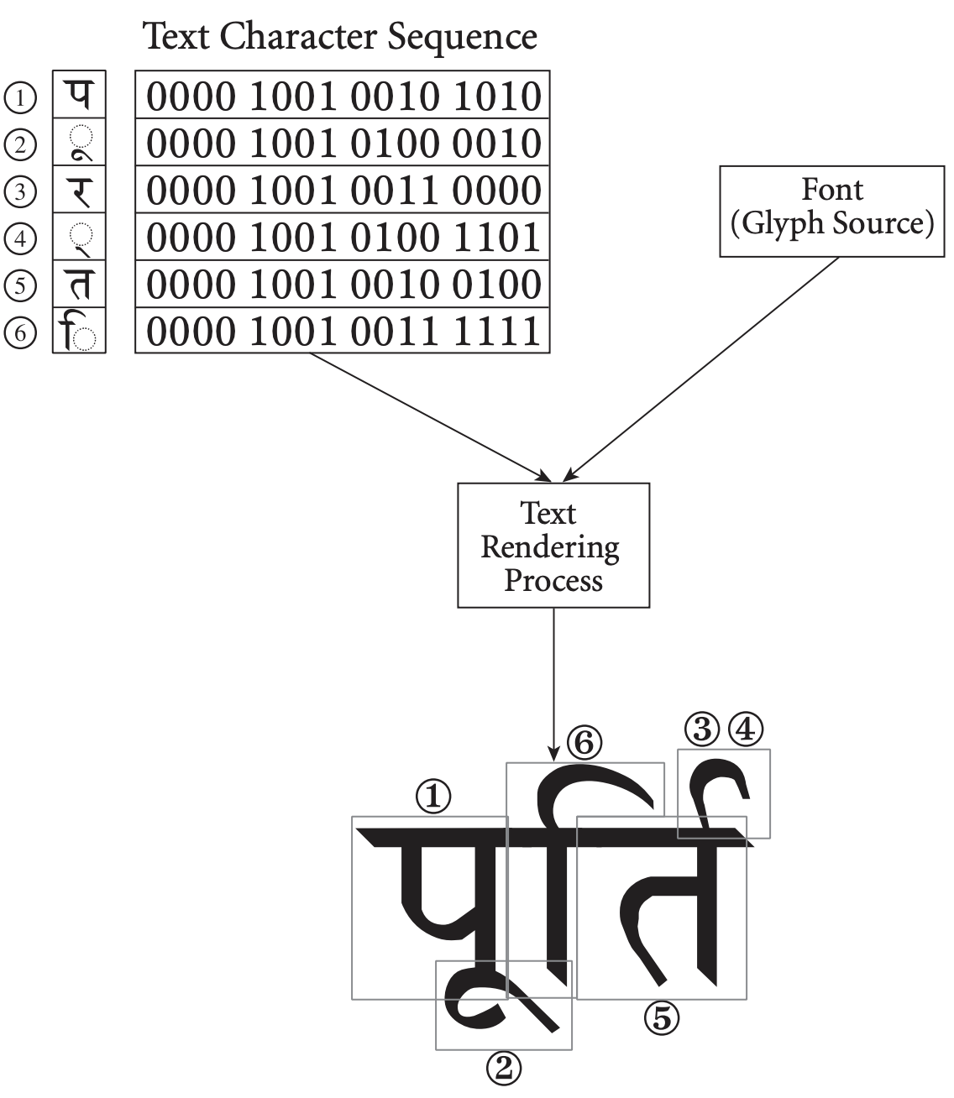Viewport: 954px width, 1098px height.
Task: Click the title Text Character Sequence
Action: [340, 36]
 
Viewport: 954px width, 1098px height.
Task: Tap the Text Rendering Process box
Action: [553, 546]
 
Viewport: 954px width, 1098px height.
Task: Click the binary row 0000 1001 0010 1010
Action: [343, 96]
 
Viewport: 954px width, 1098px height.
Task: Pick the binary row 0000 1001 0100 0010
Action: [343, 143]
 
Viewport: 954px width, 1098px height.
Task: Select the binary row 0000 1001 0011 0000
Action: [343, 190]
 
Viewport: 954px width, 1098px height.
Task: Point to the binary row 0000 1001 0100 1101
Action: [343, 237]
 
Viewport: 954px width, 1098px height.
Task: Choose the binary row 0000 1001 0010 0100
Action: [343, 284]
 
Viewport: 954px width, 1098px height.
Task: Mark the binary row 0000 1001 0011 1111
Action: [343, 331]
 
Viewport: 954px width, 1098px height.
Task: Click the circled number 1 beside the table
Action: [21, 97]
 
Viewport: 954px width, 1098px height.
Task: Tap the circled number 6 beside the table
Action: [21, 333]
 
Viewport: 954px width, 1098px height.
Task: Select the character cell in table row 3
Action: [80, 191]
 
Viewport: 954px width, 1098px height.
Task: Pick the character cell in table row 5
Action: [80, 285]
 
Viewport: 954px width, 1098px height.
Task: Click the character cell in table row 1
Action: [80, 95]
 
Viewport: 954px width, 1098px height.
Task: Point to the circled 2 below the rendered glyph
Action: [504, 1068]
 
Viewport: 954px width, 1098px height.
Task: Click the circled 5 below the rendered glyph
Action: [661, 1018]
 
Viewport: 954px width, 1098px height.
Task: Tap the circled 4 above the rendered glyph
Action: [746, 729]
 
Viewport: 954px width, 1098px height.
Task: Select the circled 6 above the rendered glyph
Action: [584, 742]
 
